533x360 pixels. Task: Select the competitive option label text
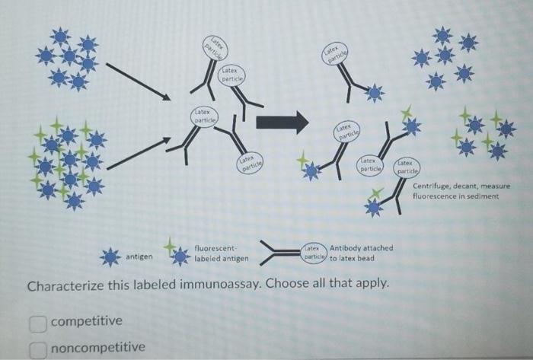(86, 321)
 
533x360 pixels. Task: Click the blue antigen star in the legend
(111, 257)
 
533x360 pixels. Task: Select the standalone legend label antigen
(139, 257)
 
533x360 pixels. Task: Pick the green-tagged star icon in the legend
(177, 255)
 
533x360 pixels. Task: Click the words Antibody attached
(362, 248)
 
